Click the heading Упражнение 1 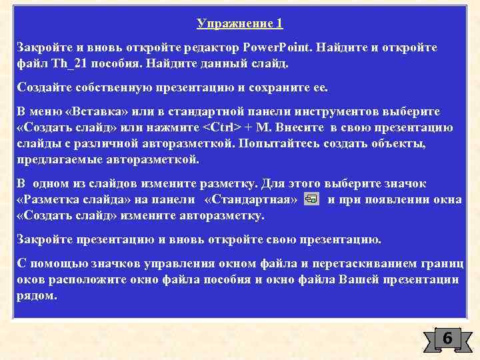(x=240, y=24)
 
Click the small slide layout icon (x=311, y=199)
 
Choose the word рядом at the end (x=37, y=295)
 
